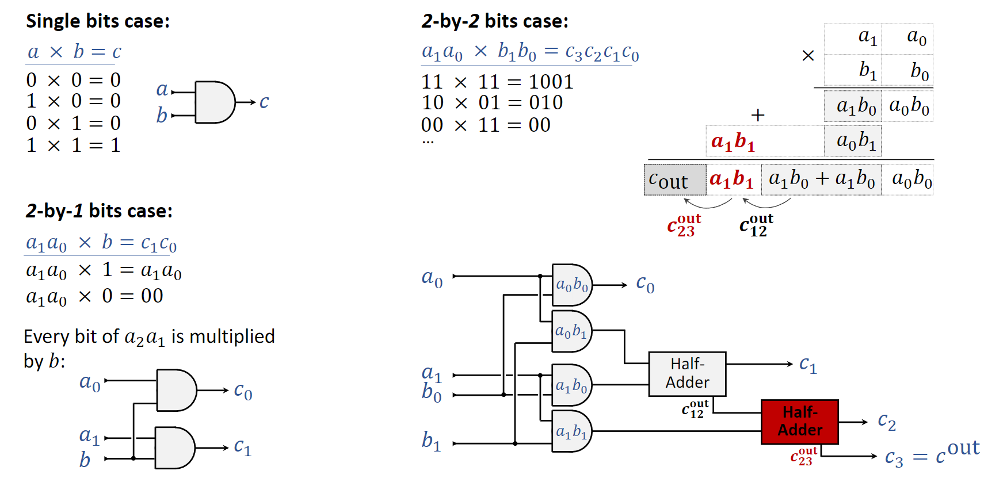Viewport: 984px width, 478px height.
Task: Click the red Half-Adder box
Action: pos(799,422)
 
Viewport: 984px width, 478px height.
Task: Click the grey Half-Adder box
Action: pos(687,374)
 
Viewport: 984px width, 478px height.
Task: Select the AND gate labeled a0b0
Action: pos(571,285)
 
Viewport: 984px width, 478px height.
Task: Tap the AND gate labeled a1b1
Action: pos(571,431)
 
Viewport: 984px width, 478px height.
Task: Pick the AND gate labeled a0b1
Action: pos(571,331)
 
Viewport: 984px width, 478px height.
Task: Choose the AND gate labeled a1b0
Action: pos(571,385)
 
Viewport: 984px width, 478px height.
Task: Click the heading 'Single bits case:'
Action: pos(98,21)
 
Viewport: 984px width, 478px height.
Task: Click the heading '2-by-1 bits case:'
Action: pos(99,211)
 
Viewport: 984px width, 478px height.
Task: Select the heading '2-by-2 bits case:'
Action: pos(495,21)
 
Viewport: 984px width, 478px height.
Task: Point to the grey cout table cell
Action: pos(674,180)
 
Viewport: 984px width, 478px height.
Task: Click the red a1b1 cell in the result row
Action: pos(732,180)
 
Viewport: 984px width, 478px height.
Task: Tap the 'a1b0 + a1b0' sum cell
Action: pos(821,180)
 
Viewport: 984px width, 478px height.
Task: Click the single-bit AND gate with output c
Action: pos(214,102)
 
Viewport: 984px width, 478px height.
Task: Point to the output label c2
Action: pos(887,422)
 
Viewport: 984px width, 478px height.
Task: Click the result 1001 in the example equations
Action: pos(551,82)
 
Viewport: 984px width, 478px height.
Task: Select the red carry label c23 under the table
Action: pos(684,225)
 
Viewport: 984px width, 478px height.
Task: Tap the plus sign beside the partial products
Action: pos(758,115)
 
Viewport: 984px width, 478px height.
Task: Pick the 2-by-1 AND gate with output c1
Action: pos(175,448)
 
